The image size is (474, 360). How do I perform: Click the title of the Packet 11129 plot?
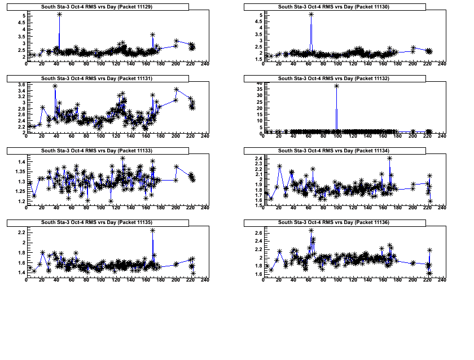coord(97,6)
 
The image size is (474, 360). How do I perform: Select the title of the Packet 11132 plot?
coord(334,78)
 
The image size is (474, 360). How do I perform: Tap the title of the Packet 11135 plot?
coord(97,223)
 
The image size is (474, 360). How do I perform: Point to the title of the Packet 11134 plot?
coord(334,151)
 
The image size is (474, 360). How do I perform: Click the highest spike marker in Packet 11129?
coord(59,14)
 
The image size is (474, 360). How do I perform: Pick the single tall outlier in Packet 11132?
coord(336,86)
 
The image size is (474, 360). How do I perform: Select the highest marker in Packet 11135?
coord(153,230)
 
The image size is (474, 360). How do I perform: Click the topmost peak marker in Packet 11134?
coord(390,159)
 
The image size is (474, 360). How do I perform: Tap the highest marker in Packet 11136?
coord(311,230)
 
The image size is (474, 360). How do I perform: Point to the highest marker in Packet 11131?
coord(55,86)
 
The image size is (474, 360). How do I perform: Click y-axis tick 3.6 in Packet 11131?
coord(20,85)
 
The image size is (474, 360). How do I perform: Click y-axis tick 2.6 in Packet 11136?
coord(257,233)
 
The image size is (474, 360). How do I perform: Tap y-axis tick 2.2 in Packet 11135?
coord(20,232)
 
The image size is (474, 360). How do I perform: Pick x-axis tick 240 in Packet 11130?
coord(442,64)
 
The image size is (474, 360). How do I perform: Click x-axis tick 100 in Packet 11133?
coord(101,208)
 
